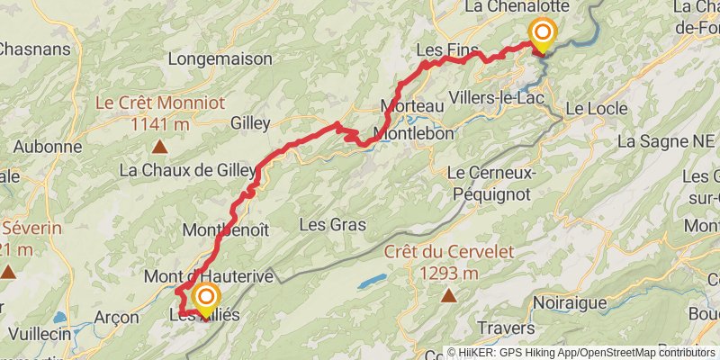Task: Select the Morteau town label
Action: (412, 105)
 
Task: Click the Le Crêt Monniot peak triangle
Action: (159, 146)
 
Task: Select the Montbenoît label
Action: (225, 229)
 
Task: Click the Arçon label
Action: (116, 317)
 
